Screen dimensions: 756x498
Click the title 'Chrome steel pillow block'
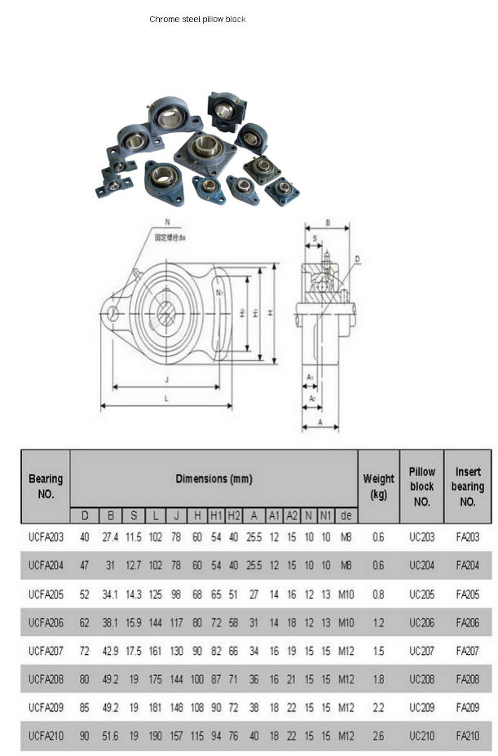(x=197, y=19)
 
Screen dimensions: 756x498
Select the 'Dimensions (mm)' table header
(x=214, y=479)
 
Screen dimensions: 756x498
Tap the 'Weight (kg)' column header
(x=378, y=486)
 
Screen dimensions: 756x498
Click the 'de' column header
(x=346, y=515)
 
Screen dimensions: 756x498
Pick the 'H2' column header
(x=234, y=515)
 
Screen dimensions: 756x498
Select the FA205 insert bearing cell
(x=468, y=594)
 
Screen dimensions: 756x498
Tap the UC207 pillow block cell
(x=421, y=651)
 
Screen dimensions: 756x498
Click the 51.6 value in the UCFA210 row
(x=111, y=736)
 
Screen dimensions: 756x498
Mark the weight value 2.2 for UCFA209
(x=378, y=707)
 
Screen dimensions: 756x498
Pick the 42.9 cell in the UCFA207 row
(x=111, y=651)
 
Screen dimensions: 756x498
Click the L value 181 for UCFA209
(x=156, y=707)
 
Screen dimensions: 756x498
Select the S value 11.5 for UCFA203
(x=134, y=537)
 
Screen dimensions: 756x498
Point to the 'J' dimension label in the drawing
(x=166, y=379)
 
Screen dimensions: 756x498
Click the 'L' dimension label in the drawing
(x=166, y=398)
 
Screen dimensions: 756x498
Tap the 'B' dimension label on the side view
(x=327, y=222)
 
